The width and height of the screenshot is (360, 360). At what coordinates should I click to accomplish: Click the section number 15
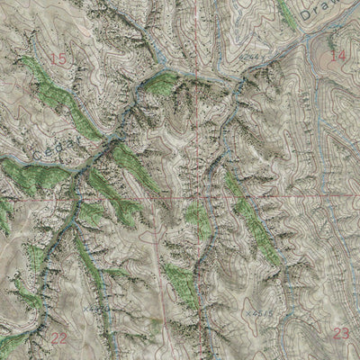[x=59, y=59]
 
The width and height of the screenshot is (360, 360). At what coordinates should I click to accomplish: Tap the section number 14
[x=337, y=56]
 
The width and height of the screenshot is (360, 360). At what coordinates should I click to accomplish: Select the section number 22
[x=60, y=337]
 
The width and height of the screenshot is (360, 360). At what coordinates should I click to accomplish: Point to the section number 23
[x=340, y=333]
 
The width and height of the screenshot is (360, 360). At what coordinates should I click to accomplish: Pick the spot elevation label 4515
[x=264, y=311]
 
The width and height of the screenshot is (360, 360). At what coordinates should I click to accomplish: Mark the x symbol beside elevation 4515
[x=247, y=310]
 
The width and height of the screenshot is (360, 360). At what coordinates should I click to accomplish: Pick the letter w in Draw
[x=338, y=4]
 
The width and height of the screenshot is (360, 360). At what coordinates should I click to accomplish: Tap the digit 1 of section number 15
[x=55, y=59]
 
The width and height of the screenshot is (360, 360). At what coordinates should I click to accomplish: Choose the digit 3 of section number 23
[x=345, y=333]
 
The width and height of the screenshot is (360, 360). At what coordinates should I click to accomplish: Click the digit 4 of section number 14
[x=342, y=56]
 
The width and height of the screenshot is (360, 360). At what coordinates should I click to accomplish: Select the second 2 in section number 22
[x=65, y=337]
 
